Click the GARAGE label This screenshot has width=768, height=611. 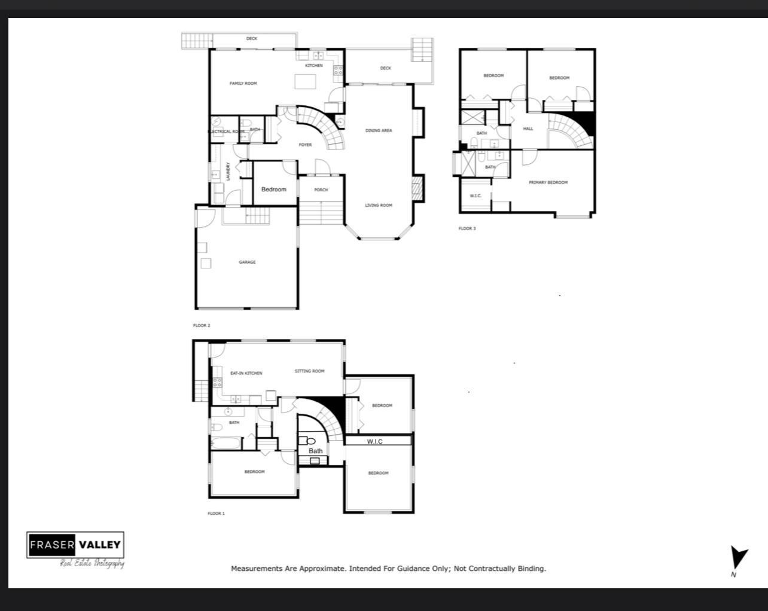pos(247,262)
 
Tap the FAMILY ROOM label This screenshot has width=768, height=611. pos(243,83)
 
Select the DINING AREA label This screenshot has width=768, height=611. pos(379,130)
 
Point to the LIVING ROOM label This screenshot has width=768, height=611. pos(379,205)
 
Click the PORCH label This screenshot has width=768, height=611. pos(321,190)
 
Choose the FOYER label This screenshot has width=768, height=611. pos(305,145)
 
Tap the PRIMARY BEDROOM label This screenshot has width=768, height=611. pos(548,182)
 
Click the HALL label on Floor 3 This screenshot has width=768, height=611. pos(528,129)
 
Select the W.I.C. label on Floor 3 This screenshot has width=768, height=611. pos(476,195)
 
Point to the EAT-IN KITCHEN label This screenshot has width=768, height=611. pos(246,373)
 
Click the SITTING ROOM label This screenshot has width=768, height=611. pos(309,371)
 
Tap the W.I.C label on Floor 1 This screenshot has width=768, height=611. pos(374,441)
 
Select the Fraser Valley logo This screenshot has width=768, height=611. pos(75,545)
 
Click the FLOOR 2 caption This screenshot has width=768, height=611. pos(202,325)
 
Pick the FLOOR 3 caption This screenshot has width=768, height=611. pos(467,228)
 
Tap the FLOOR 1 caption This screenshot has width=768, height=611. pos(216,513)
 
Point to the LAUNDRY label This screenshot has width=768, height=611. pos(228,172)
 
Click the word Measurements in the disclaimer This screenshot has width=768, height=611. pos(255,569)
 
